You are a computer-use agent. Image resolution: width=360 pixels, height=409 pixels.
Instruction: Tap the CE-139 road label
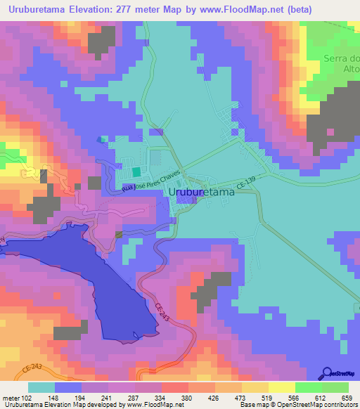tap(246, 183)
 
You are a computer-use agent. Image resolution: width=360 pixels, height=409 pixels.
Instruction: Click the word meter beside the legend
tap(11, 397)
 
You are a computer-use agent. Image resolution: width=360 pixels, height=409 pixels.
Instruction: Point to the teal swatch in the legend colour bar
tap(41, 387)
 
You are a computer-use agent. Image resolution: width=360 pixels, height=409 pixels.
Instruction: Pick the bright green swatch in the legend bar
tap(309, 387)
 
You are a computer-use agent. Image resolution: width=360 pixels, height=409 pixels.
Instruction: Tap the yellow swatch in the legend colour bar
tap(282, 387)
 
